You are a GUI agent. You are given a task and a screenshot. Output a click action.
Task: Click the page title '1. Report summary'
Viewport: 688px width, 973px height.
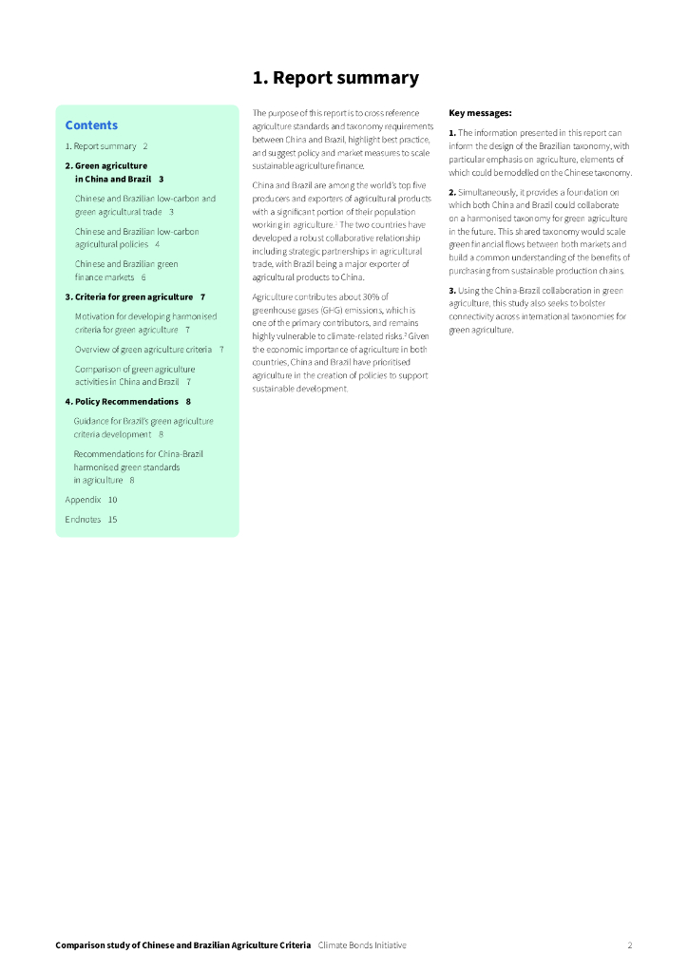pos(334,78)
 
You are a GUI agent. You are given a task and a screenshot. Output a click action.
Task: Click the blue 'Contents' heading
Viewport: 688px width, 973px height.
pos(91,125)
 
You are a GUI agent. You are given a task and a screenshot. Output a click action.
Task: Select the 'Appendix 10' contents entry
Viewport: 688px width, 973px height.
pos(91,499)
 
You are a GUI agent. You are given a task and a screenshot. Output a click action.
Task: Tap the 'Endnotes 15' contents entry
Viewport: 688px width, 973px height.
pos(91,520)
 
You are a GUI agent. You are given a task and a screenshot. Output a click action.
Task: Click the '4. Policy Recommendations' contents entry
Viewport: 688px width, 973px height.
pos(127,402)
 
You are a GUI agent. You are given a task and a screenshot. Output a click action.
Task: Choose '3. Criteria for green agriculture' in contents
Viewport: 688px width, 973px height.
pos(135,297)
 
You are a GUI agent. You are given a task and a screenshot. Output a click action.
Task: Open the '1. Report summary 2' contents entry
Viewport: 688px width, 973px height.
pos(106,146)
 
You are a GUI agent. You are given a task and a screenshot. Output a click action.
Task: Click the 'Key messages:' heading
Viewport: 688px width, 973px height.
pos(480,113)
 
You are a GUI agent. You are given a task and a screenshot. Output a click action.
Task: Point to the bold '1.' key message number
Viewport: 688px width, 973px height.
pos(452,133)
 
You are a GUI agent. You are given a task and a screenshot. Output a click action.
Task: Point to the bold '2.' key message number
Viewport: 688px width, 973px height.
pos(452,193)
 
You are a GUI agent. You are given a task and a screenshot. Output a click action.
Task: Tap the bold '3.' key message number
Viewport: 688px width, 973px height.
pos(452,290)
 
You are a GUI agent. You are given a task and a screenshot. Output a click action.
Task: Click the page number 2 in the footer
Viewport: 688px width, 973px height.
pos(629,945)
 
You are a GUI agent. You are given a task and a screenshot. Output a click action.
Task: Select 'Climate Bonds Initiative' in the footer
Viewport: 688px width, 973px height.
pos(362,945)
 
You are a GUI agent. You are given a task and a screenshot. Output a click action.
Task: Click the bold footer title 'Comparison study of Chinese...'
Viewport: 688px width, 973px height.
pos(182,945)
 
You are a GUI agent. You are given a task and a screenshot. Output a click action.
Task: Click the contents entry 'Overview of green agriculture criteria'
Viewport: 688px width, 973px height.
pos(143,350)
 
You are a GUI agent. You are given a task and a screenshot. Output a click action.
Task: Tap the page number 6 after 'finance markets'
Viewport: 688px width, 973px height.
pos(143,277)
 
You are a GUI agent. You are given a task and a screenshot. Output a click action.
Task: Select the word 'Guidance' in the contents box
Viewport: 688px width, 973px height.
pos(91,421)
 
